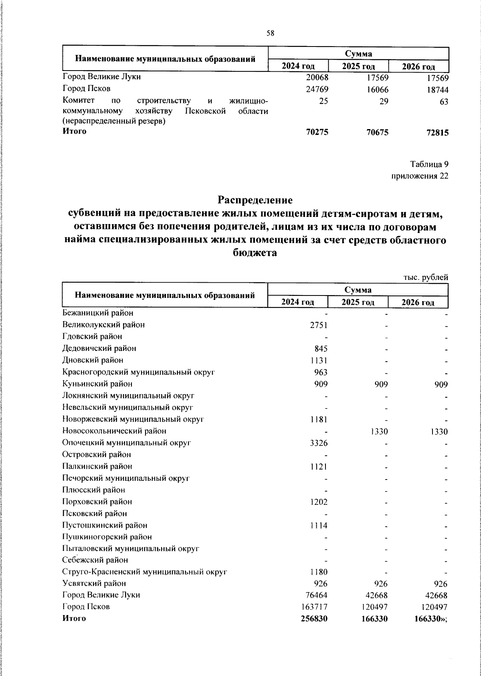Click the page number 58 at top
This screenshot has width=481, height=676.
(x=270, y=34)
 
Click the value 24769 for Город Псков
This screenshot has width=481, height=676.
(x=317, y=89)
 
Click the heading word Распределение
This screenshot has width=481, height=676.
(x=255, y=200)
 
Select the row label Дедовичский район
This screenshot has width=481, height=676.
(x=99, y=348)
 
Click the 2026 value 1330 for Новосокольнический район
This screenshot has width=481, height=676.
(x=438, y=431)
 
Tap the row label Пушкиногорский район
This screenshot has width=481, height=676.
(x=107, y=537)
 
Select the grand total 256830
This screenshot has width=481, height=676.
(x=314, y=619)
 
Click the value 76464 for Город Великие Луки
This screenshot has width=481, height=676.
(x=317, y=595)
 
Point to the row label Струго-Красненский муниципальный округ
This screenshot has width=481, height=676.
(x=145, y=572)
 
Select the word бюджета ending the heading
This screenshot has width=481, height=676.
(x=255, y=253)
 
